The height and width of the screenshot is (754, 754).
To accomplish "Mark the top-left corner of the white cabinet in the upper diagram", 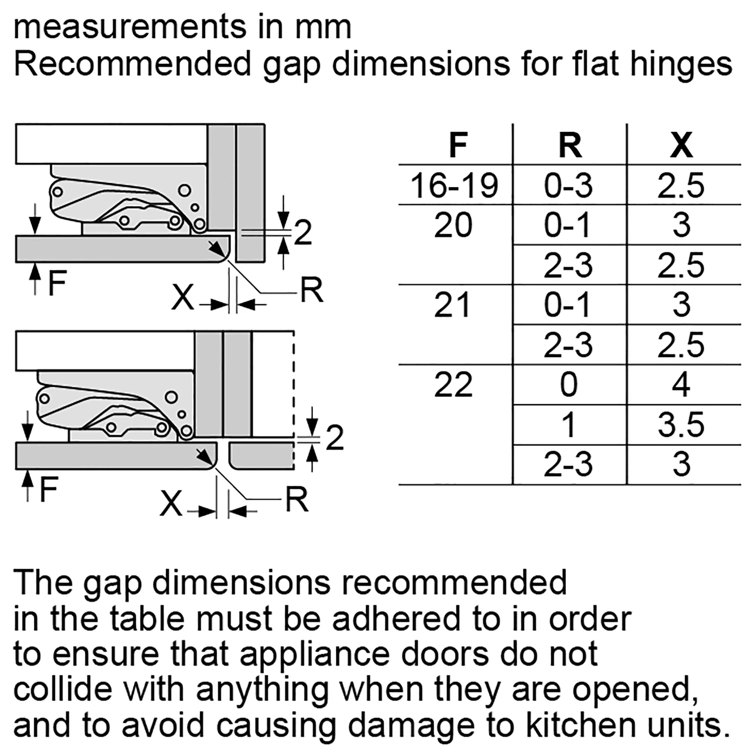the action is [x=15, y=124].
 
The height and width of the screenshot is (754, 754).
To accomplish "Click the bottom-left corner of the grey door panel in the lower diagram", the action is [x=16, y=469].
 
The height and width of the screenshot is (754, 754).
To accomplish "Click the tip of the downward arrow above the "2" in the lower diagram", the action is [x=312, y=436].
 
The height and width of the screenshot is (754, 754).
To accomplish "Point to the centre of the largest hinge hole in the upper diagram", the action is [x=184, y=191].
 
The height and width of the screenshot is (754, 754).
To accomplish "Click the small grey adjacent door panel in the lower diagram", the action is [x=262, y=455].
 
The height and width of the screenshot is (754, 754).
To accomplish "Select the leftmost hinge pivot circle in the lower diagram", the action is [x=44, y=399].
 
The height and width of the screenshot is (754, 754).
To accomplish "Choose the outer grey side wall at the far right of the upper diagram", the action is [x=251, y=193].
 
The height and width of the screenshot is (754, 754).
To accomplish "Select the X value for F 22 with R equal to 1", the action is [x=681, y=425].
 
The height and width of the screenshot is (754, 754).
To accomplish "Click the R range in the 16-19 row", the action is [x=568, y=186].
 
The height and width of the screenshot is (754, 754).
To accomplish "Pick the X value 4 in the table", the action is [x=681, y=385].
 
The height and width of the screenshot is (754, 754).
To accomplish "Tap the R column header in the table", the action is [x=570, y=145].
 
